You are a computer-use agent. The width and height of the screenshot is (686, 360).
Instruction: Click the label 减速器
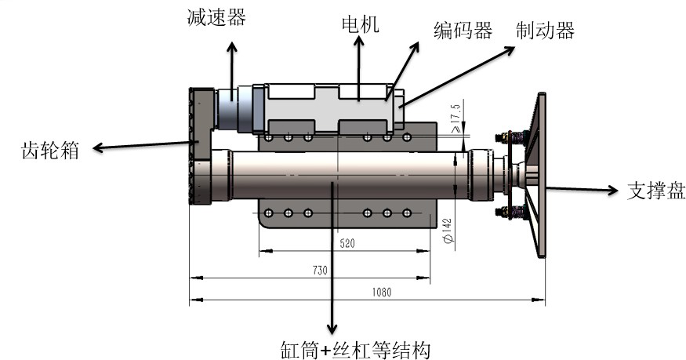tap(214, 16)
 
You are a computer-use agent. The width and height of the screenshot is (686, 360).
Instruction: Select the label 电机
tap(360, 24)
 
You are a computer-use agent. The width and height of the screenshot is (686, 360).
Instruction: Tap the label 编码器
tap(463, 30)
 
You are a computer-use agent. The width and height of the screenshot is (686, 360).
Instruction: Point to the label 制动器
tap(545, 30)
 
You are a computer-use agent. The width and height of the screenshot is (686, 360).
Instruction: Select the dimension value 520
tap(347, 244)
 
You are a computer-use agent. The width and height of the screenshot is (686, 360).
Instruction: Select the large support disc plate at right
tap(539, 176)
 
